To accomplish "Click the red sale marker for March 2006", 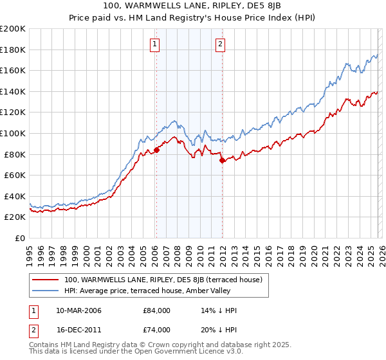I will (156, 150).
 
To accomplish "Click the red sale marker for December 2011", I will (222, 161).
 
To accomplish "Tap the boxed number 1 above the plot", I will (156, 44).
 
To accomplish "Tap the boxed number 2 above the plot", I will (220, 44).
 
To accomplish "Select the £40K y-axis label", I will (14, 196).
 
